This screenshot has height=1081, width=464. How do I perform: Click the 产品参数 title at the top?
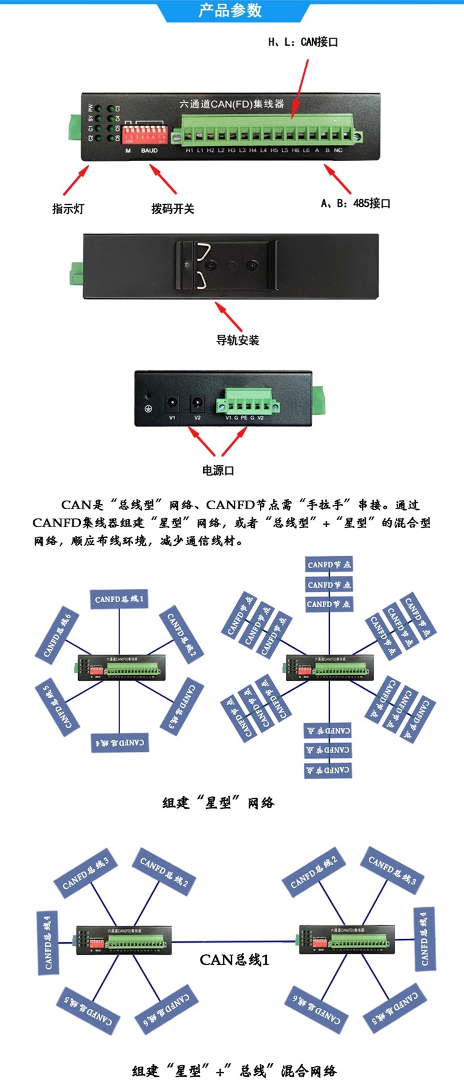(230, 11)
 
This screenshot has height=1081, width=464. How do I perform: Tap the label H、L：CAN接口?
(303, 42)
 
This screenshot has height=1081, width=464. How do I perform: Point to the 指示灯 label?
(68, 209)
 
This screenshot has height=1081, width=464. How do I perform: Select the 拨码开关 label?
(173, 209)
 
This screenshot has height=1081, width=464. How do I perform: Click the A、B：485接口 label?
(356, 203)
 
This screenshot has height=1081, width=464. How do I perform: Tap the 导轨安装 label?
(238, 340)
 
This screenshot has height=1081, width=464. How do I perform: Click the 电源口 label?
(218, 470)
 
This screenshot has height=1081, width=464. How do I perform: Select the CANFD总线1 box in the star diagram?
(119, 599)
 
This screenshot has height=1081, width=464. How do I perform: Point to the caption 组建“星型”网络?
(218, 803)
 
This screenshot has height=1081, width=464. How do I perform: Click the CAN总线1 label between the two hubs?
(234, 960)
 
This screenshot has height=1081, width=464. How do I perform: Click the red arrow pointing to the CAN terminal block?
(299, 87)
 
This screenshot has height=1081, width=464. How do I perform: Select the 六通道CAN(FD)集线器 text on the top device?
(231, 104)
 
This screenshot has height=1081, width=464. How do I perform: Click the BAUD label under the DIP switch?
(149, 150)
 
